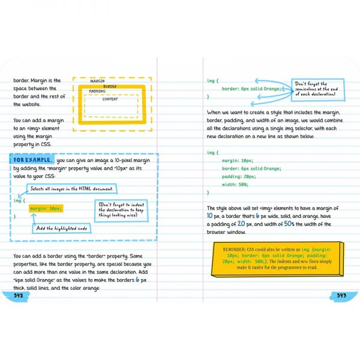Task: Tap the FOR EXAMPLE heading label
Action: click(x=32, y=160)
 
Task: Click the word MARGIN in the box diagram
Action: click(x=97, y=80)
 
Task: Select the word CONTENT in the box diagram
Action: click(x=110, y=100)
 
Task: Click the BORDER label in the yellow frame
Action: click(x=110, y=86)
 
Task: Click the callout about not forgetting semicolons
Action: click(x=317, y=89)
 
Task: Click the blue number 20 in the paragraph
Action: click(x=242, y=224)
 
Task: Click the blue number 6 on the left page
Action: click(x=137, y=280)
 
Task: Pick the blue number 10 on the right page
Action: click(x=209, y=215)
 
